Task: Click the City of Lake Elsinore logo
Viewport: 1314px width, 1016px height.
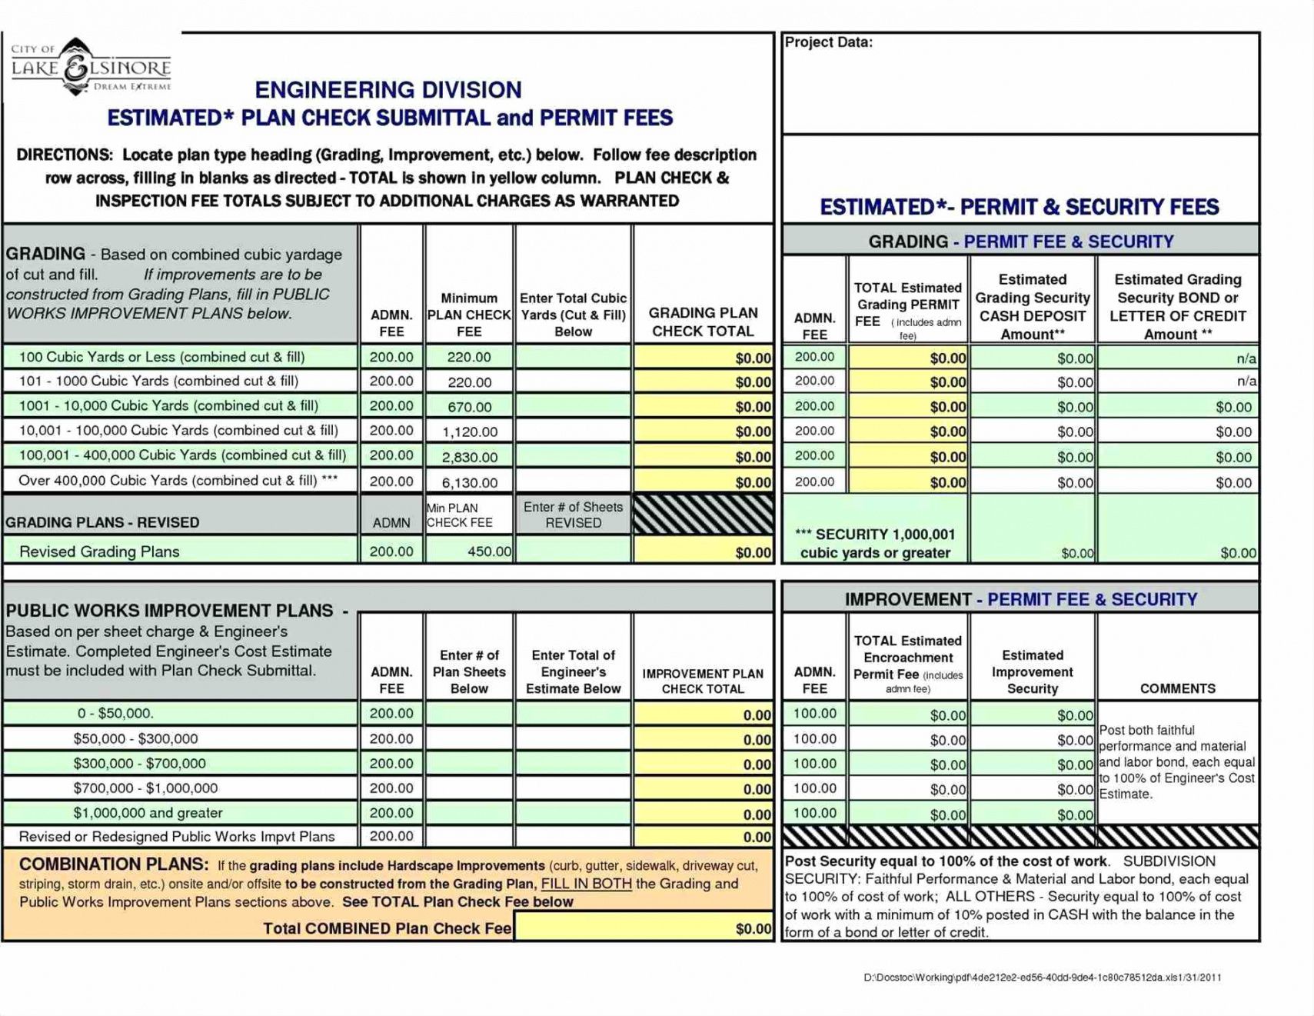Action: [x=91, y=68]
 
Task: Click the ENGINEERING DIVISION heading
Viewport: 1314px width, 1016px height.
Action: [x=388, y=90]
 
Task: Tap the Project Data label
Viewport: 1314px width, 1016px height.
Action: [x=828, y=43]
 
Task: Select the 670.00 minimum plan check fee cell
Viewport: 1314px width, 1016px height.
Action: [x=469, y=407]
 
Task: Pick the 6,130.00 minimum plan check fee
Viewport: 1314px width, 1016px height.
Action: [x=469, y=482]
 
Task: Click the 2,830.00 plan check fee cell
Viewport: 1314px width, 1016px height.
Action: [x=469, y=457]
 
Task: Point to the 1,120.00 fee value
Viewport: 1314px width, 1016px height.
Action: [x=469, y=431]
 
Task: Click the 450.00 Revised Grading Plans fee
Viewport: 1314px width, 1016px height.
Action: [x=489, y=551]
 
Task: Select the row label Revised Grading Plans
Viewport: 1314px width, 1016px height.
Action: [x=99, y=551]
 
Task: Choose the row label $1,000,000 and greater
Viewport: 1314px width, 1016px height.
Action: [x=148, y=813]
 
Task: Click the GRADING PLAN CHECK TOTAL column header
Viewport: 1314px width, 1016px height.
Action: [x=703, y=321]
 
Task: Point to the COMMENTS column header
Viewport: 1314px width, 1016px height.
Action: [x=1177, y=688]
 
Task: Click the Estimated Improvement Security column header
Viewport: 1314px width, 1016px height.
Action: [x=1032, y=671]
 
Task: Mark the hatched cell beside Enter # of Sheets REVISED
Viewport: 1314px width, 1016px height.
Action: [x=703, y=515]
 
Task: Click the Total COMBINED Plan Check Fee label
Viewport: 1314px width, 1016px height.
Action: [x=387, y=928]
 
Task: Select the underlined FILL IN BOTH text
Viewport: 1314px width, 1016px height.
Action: [x=586, y=884]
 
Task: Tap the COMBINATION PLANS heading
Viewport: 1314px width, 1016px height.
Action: [x=114, y=864]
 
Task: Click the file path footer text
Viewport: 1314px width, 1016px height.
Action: [x=1042, y=978]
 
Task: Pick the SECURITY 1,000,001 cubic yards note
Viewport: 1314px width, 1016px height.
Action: [x=875, y=543]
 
